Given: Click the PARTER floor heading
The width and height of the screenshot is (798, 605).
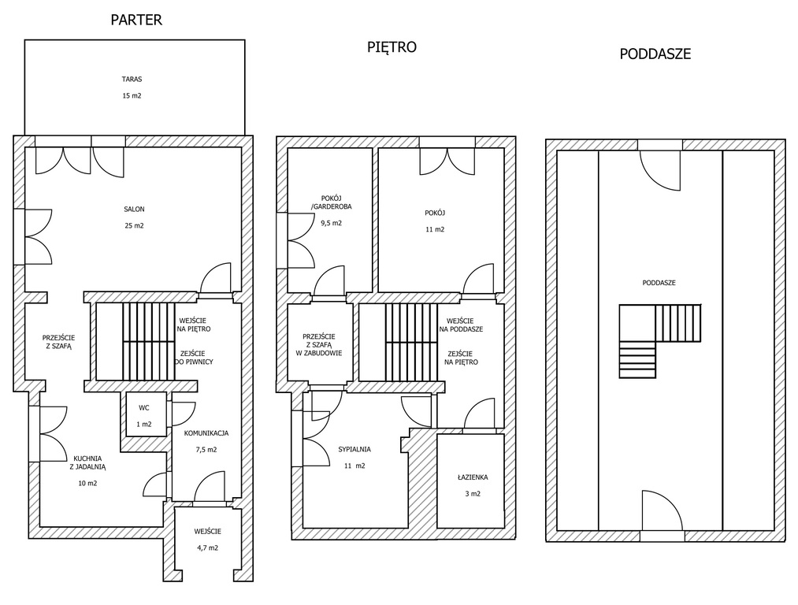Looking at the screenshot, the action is (136, 20).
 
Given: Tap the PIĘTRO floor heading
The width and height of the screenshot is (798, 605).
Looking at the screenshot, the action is (392, 46).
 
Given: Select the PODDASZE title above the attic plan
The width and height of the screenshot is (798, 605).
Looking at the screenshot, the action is (655, 54).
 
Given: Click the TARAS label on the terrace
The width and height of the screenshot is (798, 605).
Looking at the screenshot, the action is (132, 80).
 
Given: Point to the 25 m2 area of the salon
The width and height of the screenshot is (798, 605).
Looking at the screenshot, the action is (135, 225).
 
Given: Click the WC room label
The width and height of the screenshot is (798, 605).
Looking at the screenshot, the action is (144, 407).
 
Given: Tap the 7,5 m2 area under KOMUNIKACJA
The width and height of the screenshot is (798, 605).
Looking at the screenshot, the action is (206, 450).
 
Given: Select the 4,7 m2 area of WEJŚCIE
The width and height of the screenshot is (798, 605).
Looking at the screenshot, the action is (208, 548).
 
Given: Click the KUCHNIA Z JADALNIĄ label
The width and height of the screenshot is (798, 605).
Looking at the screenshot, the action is (88, 462).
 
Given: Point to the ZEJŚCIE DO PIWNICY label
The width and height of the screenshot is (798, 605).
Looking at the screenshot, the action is (194, 358).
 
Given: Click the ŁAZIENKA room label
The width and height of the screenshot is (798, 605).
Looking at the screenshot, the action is (473, 477).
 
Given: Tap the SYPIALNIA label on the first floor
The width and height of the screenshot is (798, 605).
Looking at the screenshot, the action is (354, 449).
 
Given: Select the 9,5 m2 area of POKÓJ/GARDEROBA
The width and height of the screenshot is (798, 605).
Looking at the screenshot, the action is (332, 223).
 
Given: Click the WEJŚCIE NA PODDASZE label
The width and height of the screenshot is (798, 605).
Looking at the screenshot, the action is (462, 325).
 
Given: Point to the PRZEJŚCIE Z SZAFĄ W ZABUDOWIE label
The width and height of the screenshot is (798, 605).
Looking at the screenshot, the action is (319, 344).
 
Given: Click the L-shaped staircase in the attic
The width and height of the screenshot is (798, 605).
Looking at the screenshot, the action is (659, 341).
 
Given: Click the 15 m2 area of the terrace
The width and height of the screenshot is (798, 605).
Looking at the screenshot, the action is (132, 95).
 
